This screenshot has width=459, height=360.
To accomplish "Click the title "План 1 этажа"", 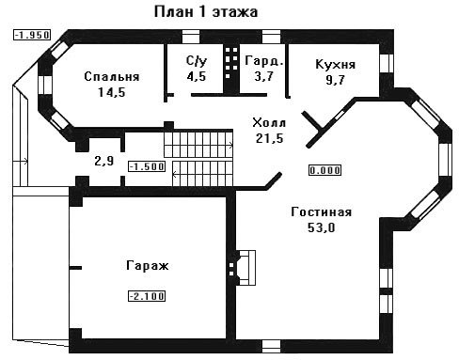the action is (x=206, y=12).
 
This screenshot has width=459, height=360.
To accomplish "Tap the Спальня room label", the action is (x=112, y=77).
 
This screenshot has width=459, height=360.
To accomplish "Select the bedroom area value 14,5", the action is (x=112, y=92).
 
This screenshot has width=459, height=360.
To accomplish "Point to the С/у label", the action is (x=197, y=61).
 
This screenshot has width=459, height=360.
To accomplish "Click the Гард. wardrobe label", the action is (x=264, y=61).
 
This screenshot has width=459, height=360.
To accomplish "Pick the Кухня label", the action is (x=335, y=64).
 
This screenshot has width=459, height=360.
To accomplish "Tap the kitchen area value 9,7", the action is (x=335, y=80).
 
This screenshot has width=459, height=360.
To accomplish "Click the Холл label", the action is (x=269, y=122).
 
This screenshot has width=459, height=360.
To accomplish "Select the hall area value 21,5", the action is (x=269, y=138).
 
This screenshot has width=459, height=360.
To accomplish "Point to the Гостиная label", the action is (x=322, y=212).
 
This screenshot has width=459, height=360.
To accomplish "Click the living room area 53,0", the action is (x=321, y=227).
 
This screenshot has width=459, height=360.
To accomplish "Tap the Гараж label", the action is (x=148, y=266).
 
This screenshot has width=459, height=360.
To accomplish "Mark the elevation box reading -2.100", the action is (x=147, y=296).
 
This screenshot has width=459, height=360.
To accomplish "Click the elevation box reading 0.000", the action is (x=324, y=170).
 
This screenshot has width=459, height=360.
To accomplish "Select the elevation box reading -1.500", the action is (x=147, y=166).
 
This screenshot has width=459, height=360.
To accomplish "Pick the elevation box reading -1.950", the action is (x=32, y=35).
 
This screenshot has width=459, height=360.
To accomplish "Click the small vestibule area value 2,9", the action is (x=104, y=161).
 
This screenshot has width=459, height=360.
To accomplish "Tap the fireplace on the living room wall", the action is (x=242, y=268).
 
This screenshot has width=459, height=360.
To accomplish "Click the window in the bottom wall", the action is (x=271, y=347).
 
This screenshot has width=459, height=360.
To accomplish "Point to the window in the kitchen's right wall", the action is (x=387, y=63).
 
